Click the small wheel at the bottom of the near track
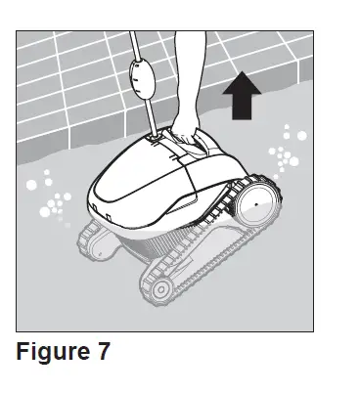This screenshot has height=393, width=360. pos(154,286)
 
